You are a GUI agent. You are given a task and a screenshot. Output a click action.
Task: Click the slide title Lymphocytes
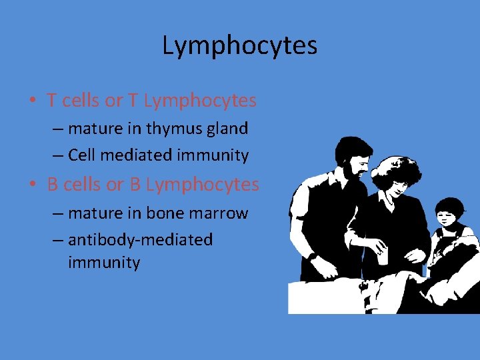tap(240, 46)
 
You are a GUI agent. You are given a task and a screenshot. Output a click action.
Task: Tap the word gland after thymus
tap(229, 128)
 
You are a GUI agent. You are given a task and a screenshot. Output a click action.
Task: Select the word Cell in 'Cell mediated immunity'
tap(82, 156)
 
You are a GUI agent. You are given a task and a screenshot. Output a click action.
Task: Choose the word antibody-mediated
tap(140, 239)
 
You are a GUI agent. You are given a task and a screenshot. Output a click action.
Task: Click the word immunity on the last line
tap(104, 263)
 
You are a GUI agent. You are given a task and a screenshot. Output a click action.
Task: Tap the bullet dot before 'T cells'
tap(32, 101)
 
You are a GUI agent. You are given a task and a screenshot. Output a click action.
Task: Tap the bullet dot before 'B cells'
tap(32, 185)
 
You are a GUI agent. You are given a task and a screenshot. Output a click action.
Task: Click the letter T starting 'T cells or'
tap(52, 101)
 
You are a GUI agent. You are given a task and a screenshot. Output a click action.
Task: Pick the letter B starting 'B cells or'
tap(53, 184)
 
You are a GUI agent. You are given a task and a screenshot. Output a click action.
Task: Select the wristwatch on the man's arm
tap(312, 255)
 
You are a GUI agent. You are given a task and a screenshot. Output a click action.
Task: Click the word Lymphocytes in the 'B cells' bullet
tap(202, 185)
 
